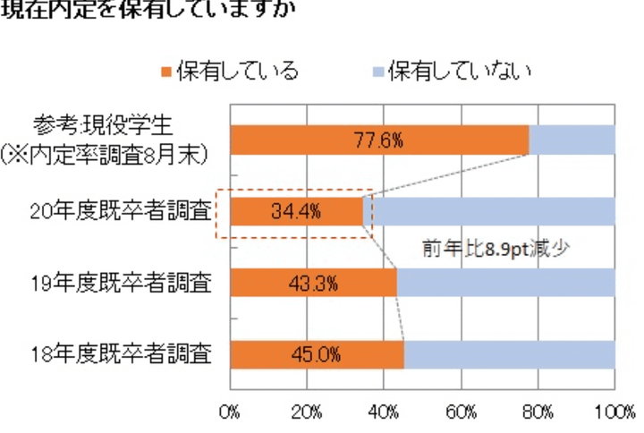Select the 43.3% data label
(312, 284)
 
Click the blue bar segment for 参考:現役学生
(572, 140)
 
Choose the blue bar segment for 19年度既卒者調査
(505, 284)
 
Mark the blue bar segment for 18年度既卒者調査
(509, 354)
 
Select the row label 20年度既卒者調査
(120, 212)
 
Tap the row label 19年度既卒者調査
(120, 284)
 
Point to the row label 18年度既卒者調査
(120, 354)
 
